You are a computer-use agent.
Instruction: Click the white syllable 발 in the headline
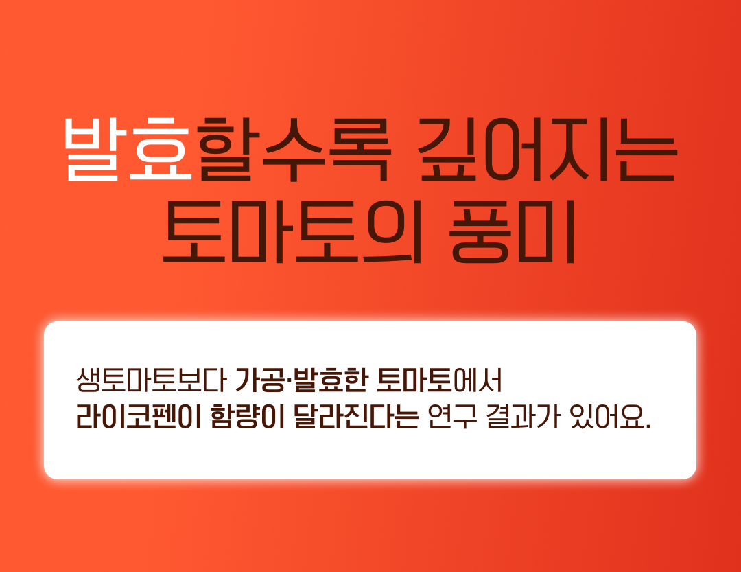coord(92,150)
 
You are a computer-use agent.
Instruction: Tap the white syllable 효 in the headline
coord(160,150)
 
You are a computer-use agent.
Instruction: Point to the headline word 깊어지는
coord(548,150)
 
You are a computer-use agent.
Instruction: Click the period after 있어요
coord(648,426)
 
